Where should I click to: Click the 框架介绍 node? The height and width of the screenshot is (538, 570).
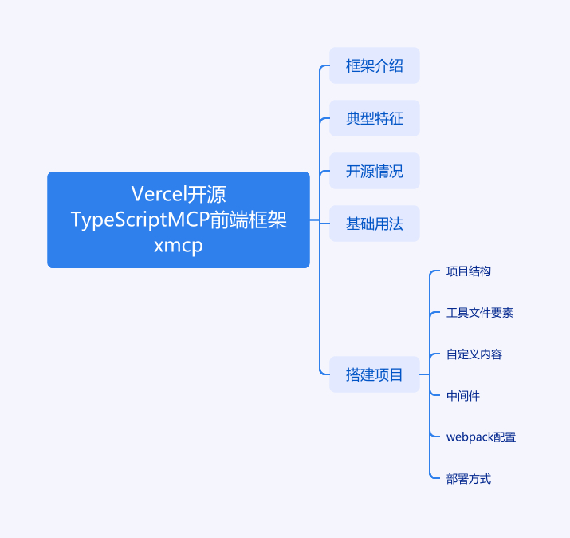[x=375, y=65]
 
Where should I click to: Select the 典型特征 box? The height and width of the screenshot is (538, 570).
[x=375, y=118]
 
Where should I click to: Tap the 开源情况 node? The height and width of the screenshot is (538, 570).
[x=375, y=171]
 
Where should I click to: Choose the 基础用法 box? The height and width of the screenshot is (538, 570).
[x=375, y=224]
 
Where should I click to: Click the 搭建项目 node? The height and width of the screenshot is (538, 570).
[x=375, y=374]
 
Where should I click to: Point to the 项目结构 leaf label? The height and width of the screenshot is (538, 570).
[x=469, y=271]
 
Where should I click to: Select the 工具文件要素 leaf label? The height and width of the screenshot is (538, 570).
[x=479, y=313]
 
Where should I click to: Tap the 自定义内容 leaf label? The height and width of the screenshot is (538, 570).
[x=474, y=354]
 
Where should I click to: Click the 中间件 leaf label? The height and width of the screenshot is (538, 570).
[x=463, y=396]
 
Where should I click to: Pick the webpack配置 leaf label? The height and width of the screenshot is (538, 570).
[x=481, y=437]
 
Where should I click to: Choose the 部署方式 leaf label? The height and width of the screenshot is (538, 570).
[x=469, y=479]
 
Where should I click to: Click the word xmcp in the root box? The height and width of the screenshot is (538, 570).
[x=178, y=246]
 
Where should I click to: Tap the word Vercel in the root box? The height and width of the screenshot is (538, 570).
[x=159, y=194]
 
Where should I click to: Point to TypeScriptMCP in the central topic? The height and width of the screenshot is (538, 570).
[x=140, y=220]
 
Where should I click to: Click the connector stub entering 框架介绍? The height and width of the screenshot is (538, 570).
[x=324, y=66]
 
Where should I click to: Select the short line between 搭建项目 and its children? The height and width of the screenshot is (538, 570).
[x=425, y=374]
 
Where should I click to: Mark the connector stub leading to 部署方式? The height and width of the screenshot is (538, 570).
[x=434, y=477]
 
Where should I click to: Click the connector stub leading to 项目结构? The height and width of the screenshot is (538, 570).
[x=434, y=271]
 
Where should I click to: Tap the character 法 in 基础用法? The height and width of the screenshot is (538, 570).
[x=396, y=224]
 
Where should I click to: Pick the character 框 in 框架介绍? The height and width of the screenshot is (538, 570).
[x=353, y=66]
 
